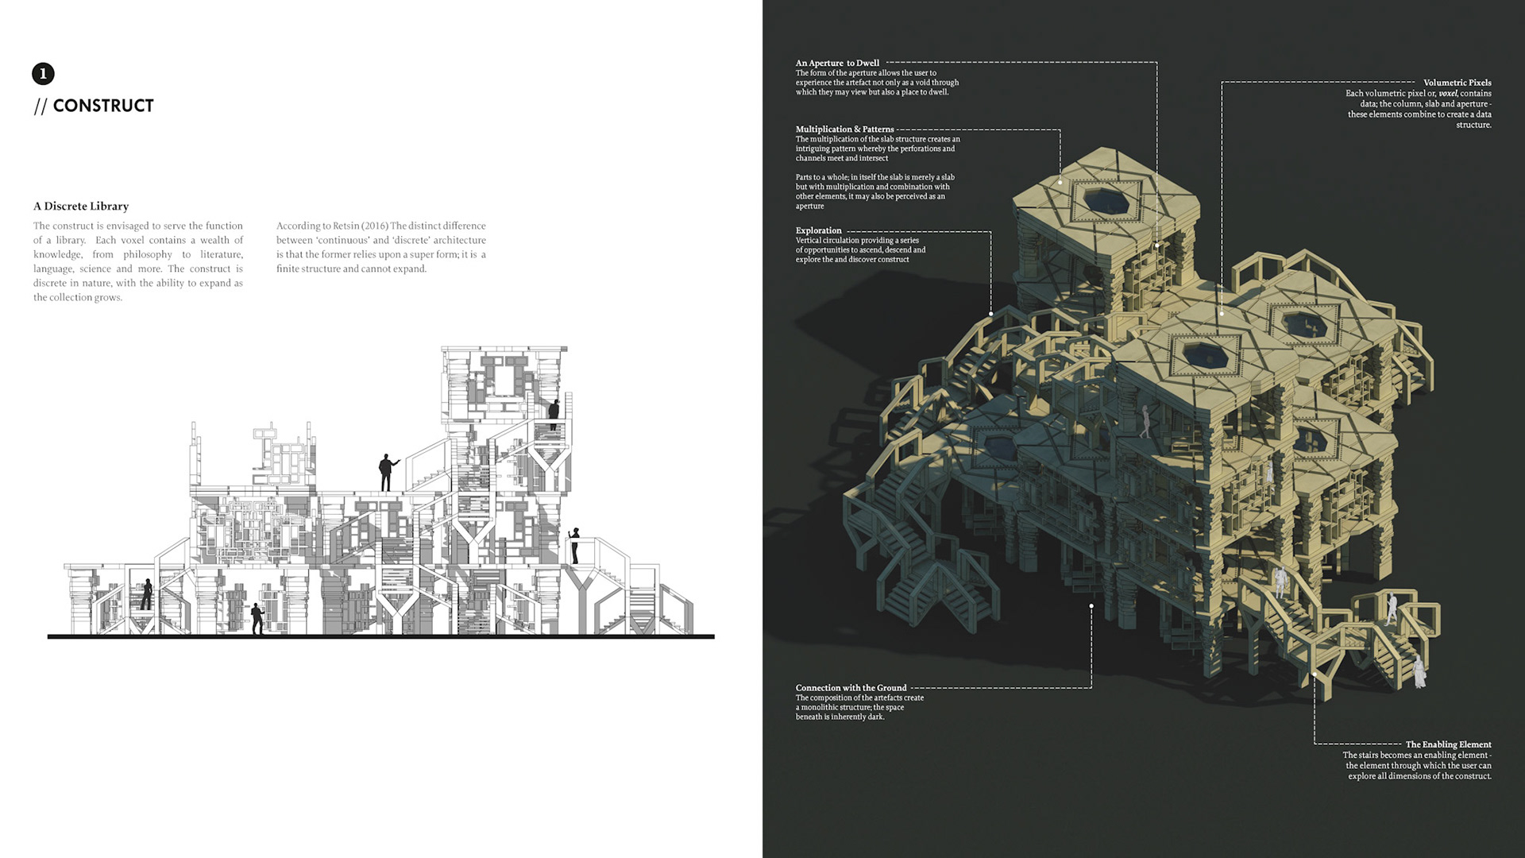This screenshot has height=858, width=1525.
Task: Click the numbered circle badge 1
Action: (43, 74)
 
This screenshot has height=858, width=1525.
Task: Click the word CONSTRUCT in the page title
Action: (103, 106)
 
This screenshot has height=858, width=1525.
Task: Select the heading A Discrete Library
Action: (81, 206)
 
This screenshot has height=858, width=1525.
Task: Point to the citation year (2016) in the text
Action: (374, 226)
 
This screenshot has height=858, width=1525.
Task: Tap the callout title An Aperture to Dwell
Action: (837, 63)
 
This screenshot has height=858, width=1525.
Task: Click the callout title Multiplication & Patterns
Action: (844, 129)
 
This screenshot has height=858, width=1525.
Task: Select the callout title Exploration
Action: (818, 230)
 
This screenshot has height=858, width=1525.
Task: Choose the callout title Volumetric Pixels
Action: (1457, 83)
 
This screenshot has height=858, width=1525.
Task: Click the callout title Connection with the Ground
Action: (851, 688)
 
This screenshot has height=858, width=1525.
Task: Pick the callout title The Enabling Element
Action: (1448, 744)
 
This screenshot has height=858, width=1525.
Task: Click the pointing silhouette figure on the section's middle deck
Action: (387, 472)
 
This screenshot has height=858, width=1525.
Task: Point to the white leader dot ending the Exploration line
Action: (991, 314)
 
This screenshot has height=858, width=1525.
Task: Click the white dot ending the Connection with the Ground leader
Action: (1091, 606)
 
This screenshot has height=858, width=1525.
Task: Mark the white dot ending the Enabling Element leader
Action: (1315, 674)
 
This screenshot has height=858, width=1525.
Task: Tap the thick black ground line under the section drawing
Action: (381, 636)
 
